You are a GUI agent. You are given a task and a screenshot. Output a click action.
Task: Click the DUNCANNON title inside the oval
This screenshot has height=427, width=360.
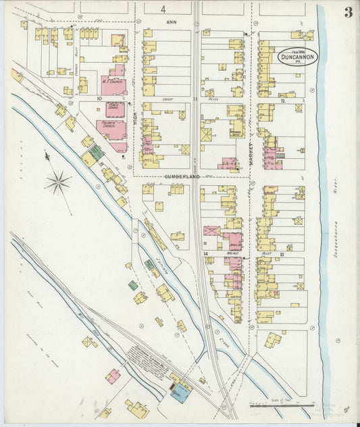click(297, 57)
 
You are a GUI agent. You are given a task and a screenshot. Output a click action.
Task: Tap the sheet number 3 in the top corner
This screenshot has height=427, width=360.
click(347, 11)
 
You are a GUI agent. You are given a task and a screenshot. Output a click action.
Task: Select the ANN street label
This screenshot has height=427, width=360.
click(170, 22)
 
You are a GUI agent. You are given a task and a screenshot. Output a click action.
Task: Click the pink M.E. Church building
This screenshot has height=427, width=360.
click(113, 84)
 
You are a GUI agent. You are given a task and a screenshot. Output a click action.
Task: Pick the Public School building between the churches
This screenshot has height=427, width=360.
click(114, 107)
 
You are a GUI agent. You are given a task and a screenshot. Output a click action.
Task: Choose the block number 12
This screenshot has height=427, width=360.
click(283, 101)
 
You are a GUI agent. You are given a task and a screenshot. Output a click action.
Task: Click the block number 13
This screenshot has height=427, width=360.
click(281, 255)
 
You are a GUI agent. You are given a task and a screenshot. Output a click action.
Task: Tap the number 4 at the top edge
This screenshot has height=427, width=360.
click(163, 9)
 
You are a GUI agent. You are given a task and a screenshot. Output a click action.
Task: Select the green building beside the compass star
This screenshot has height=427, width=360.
click(97, 152)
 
